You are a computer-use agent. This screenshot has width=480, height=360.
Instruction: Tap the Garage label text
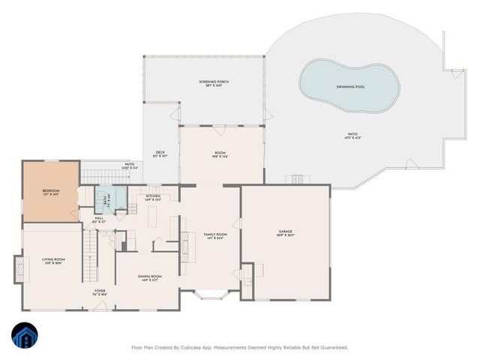point(285,232)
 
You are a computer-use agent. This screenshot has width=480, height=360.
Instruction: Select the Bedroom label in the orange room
point(50,191)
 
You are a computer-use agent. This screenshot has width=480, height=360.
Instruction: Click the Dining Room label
point(149,277)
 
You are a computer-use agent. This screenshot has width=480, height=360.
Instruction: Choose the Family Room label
point(215,235)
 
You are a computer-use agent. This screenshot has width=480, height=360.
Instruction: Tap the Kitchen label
point(153,196)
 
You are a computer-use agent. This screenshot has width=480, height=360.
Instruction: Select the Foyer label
point(99,290)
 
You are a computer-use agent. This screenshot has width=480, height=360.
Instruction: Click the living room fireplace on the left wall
point(18,269)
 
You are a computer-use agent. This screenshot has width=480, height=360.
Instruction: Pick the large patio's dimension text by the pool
point(353,138)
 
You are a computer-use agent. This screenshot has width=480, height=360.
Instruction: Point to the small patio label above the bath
point(129,169)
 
